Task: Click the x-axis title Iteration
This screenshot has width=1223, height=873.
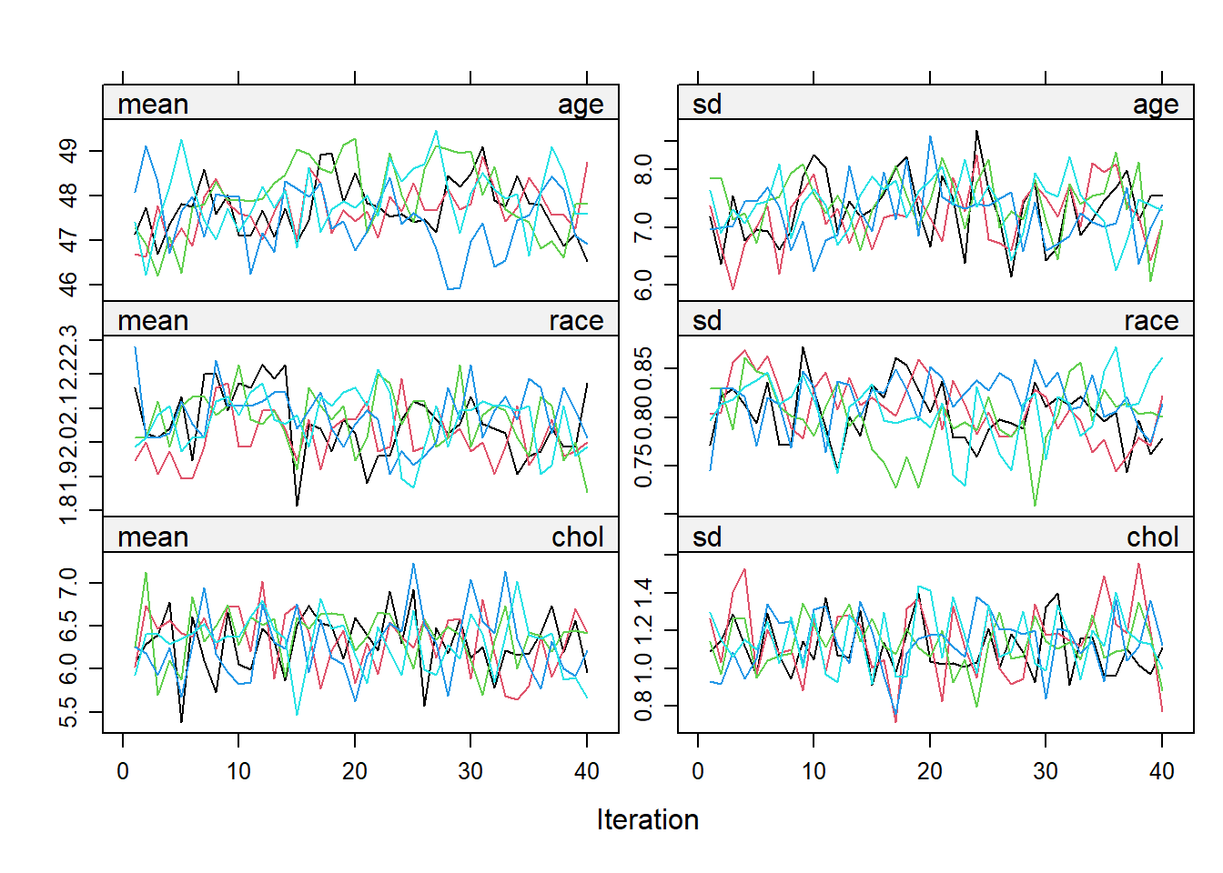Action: click(x=647, y=819)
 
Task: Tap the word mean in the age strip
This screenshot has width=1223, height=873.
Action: click(x=153, y=105)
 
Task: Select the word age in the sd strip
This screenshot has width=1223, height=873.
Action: click(x=1155, y=105)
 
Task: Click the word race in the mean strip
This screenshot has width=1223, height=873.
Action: click(x=576, y=321)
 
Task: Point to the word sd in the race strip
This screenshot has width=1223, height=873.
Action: click(x=707, y=321)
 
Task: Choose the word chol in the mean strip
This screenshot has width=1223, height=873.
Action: click(x=578, y=537)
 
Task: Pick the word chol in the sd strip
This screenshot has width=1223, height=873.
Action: click(x=1152, y=537)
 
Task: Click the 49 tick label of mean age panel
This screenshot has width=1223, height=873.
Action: click(x=68, y=151)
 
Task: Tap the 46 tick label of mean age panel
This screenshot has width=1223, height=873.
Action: click(x=68, y=285)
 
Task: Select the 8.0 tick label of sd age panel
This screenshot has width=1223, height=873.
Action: click(x=643, y=169)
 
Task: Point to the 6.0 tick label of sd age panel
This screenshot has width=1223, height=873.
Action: click(x=643, y=285)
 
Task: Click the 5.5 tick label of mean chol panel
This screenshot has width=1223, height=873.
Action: click(x=68, y=713)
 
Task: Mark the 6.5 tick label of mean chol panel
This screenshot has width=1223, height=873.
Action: click(x=68, y=627)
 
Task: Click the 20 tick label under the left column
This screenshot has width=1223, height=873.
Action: click(x=355, y=771)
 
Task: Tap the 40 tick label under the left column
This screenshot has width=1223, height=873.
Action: click(x=587, y=771)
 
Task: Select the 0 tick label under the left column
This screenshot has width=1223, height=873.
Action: click(x=123, y=771)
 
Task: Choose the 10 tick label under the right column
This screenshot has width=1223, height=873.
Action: click(x=814, y=771)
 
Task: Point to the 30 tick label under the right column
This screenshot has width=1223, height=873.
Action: click(x=1046, y=771)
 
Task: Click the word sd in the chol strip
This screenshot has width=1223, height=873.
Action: click(x=707, y=537)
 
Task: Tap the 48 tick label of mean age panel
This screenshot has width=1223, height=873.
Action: click(x=68, y=196)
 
